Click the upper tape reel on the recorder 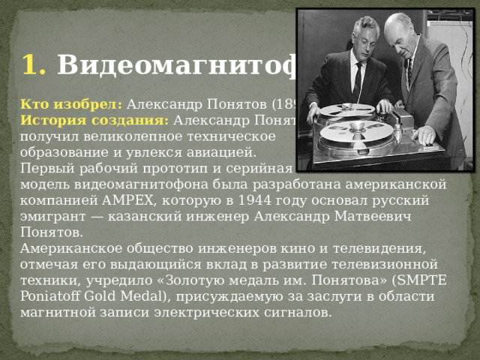click(x=346, y=110)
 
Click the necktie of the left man click(x=358, y=81)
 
